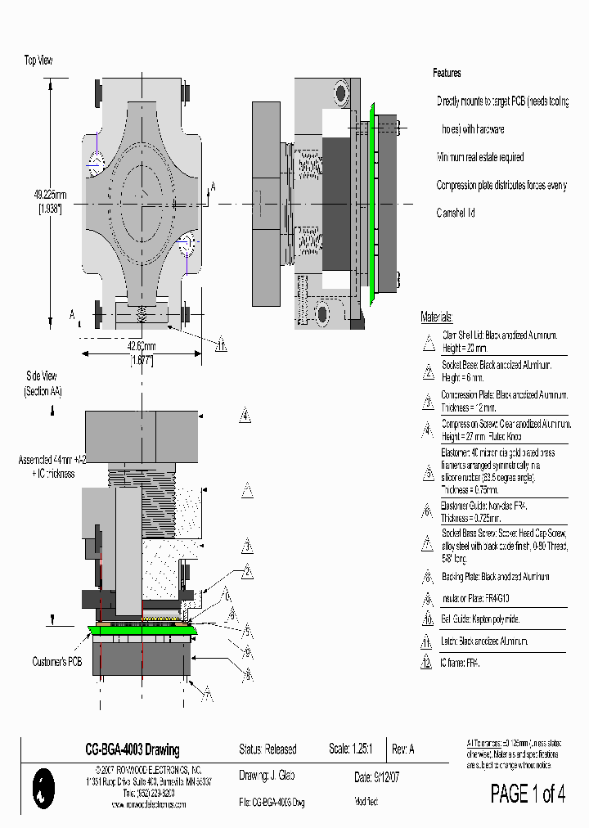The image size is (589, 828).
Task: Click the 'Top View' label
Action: coord(39,60)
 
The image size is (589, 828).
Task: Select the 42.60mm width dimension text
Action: coord(142,345)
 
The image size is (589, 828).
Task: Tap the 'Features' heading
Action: coord(447,74)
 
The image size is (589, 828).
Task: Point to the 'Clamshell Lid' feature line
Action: coord(456,213)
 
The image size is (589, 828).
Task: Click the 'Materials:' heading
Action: coord(437,317)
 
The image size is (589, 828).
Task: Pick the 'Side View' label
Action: coord(42,376)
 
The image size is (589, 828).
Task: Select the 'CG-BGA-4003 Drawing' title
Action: coord(133,749)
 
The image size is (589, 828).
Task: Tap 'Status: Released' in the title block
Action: coord(268,749)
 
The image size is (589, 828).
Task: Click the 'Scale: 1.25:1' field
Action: coord(351,749)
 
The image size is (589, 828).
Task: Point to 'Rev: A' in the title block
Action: coord(403,749)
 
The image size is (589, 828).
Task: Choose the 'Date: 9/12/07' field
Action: coord(375,776)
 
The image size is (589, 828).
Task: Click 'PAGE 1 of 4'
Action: coord(528,794)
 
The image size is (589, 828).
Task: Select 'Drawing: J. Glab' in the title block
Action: coord(267,776)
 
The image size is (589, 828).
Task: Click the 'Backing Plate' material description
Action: coord(496,577)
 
